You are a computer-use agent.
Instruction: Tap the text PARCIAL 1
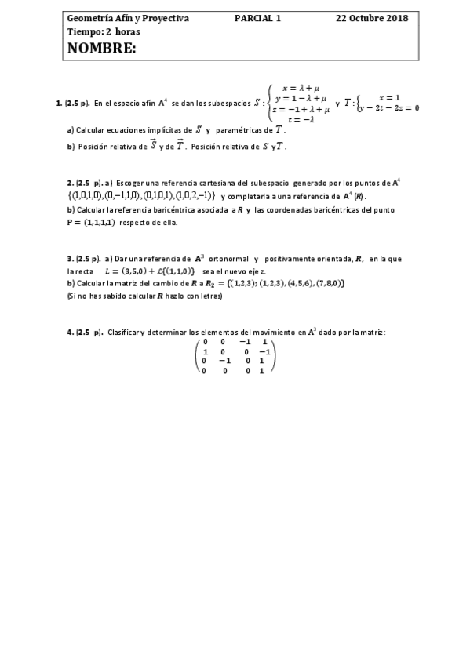coord(257,17)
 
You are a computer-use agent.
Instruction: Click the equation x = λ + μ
coord(301,89)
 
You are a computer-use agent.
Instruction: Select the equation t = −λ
coord(301,119)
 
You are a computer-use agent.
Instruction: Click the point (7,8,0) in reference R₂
coord(328,283)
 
